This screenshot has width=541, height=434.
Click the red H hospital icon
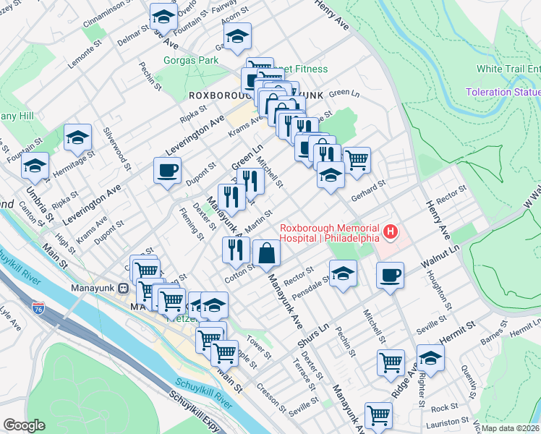coord(391,231)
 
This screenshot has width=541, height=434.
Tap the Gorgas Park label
coord(191,61)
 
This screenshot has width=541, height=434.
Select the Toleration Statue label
coord(503,93)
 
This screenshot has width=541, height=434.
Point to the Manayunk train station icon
coord(123,288)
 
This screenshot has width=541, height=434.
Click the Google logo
coord(24,425)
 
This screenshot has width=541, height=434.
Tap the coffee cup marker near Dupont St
coord(167,171)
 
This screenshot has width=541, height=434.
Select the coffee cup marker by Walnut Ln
coord(390,275)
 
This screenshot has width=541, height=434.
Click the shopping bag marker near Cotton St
coord(266,253)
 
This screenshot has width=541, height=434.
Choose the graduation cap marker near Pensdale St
coord(343,273)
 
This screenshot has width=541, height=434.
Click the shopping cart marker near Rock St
coord(378,415)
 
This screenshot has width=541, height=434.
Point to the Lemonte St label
coord(92,54)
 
